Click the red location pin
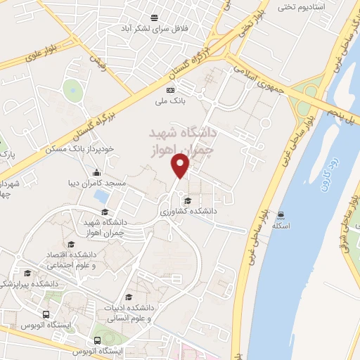[x=181, y=165]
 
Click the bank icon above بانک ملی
[x=170, y=90]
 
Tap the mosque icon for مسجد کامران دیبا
[x=96, y=173]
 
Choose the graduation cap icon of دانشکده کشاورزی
[x=186, y=201]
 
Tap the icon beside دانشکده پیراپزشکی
[x=27, y=273]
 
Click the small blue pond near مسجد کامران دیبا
[x=101, y=196]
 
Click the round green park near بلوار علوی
[x=72, y=89]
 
